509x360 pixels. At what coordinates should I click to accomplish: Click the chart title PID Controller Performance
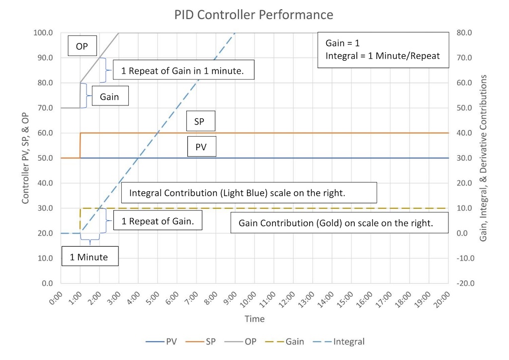[254, 14]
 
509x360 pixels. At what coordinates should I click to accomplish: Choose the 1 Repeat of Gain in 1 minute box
[184, 71]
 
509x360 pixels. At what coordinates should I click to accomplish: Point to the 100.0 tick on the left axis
[43, 33]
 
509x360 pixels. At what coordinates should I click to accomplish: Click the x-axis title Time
[254, 319]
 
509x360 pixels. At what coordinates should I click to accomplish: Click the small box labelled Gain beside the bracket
[109, 97]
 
